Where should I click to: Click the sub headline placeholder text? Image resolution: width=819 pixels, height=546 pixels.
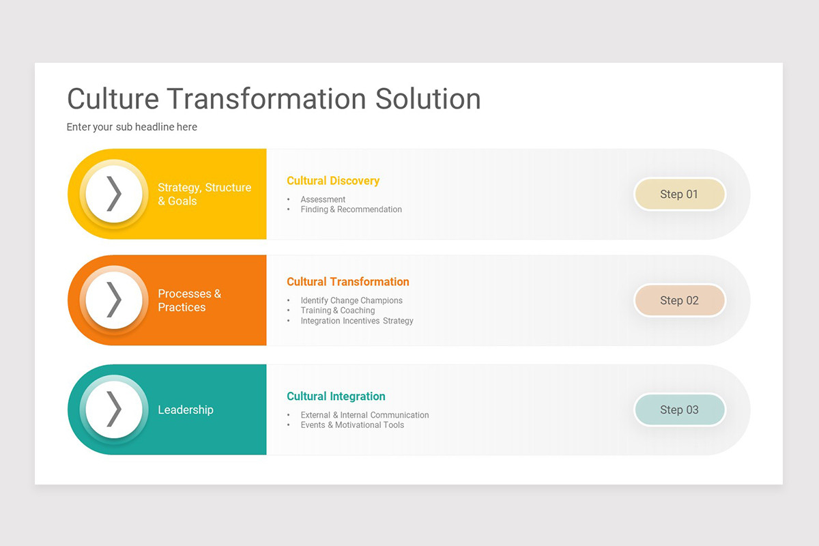(x=132, y=127)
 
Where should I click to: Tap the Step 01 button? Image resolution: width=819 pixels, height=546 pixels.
(x=679, y=195)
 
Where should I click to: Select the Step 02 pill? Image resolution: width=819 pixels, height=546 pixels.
(x=679, y=300)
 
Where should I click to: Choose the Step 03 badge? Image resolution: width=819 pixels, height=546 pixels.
(x=679, y=409)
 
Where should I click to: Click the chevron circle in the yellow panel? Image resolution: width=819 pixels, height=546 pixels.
(x=114, y=194)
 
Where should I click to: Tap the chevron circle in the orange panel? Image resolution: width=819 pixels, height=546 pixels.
(x=114, y=300)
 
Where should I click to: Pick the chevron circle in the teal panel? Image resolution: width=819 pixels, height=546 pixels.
(x=114, y=409)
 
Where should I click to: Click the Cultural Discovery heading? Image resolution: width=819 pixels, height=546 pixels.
(x=333, y=181)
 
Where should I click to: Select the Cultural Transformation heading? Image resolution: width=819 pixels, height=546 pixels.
(x=348, y=282)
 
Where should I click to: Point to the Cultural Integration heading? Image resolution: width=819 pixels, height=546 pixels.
(x=336, y=397)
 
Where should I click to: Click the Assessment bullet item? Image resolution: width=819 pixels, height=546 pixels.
(x=323, y=200)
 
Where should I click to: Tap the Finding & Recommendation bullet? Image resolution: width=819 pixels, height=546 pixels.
(x=351, y=210)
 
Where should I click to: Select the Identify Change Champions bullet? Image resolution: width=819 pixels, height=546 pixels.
(x=351, y=300)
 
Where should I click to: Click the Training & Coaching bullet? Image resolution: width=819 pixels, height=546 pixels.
(x=338, y=311)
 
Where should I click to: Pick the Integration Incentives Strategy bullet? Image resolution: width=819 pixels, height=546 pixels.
(x=357, y=321)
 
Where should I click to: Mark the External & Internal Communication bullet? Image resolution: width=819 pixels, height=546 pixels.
(x=364, y=415)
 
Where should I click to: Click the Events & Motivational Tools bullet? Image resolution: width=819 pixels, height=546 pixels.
(x=352, y=425)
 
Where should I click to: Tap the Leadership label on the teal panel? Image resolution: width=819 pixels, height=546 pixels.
(x=186, y=409)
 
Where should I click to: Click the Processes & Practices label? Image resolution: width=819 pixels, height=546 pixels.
(x=189, y=300)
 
